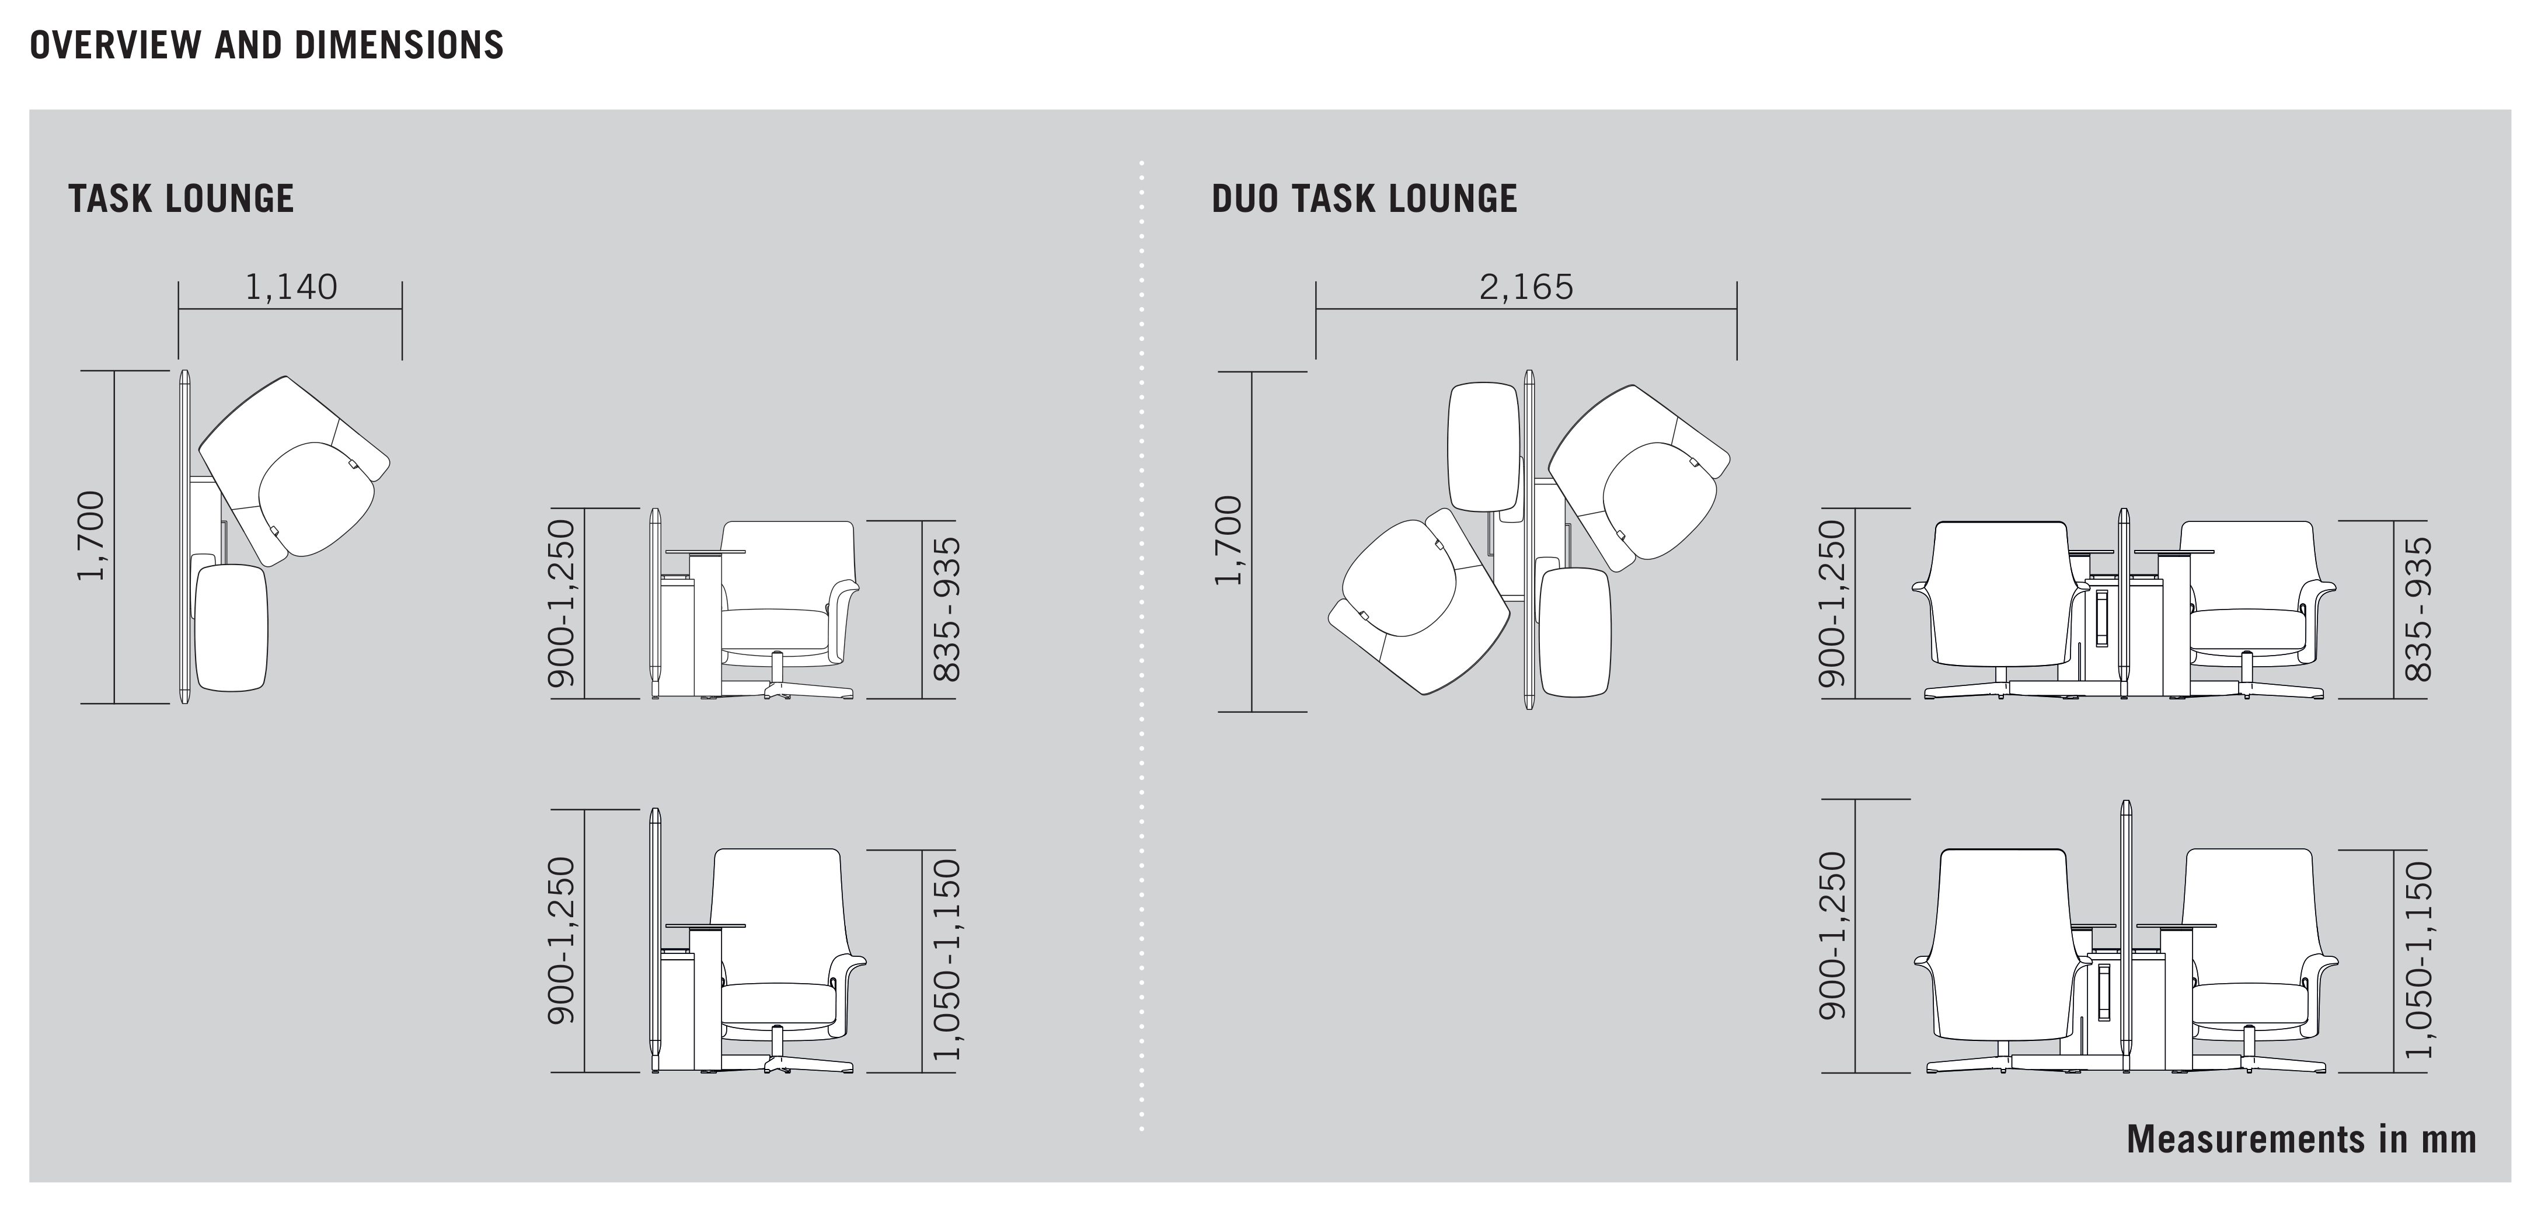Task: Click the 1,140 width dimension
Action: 291,287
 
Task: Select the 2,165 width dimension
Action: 1526,287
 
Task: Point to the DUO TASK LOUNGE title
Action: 1364,198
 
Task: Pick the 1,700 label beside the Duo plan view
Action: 1228,541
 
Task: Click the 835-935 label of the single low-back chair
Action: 946,608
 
